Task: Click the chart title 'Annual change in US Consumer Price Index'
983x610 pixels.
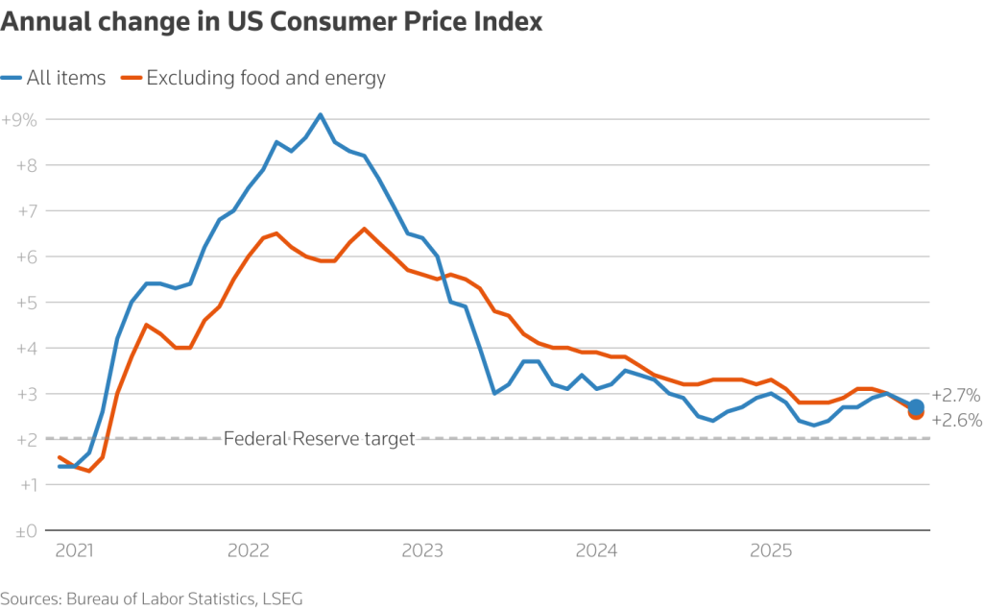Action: click(x=272, y=22)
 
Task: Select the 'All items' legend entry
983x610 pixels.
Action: click(x=55, y=79)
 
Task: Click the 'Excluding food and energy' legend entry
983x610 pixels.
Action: click(x=253, y=79)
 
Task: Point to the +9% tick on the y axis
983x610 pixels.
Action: click(x=19, y=120)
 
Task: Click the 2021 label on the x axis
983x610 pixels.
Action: click(x=75, y=551)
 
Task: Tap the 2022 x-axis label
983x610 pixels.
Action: click(x=249, y=551)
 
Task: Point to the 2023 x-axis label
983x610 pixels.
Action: click(x=422, y=551)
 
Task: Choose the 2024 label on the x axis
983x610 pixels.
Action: click(x=596, y=551)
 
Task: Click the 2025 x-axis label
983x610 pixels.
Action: click(x=770, y=551)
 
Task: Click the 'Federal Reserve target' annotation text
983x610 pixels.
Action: click(x=319, y=439)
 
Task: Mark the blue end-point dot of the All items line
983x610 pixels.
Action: click(x=916, y=406)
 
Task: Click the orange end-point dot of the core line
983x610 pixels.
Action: click(x=916, y=413)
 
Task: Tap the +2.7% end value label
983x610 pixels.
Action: click(x=955, y=395)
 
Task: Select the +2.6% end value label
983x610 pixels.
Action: click(x=955, y=421)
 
